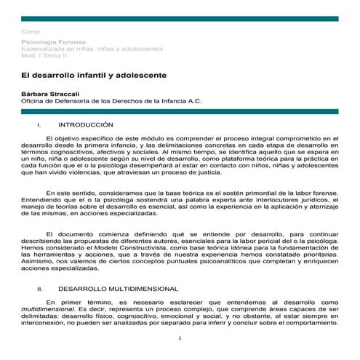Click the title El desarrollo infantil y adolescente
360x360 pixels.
pos(94,75)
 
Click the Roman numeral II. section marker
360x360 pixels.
pos(41,289)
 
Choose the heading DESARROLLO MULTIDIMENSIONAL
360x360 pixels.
pos(118,289)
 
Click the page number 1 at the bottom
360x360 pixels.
pos(180,339)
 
